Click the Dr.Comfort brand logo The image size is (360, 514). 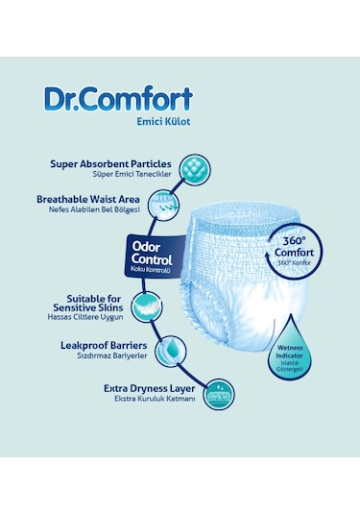118,99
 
